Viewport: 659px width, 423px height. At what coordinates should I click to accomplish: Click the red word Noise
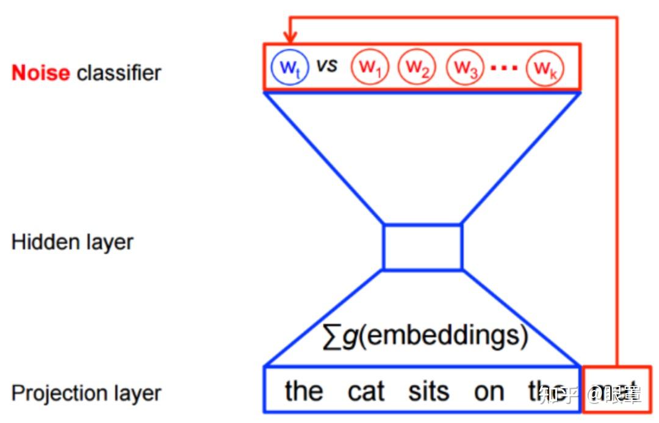click(41, 73)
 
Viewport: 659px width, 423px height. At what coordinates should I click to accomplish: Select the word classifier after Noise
click(119, 73)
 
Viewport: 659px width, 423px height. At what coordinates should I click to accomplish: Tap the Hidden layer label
click(72, 242)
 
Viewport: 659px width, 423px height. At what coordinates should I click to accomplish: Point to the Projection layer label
click(86, 392)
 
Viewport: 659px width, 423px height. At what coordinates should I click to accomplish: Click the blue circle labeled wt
click(290, 67)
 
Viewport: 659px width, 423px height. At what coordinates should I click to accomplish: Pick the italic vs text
click(326, 65)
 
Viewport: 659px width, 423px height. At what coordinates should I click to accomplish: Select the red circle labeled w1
click(369, 67)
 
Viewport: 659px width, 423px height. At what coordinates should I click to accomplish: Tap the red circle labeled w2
click(417, 67)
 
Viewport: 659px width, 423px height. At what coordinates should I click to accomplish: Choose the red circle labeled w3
click(465, 67)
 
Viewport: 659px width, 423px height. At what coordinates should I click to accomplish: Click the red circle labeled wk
click(546, 67)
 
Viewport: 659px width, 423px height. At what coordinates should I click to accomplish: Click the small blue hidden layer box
click(422, 247)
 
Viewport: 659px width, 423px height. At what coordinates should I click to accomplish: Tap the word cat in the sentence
click(366, 391)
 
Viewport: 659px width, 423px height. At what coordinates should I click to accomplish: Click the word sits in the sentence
click(429, 391)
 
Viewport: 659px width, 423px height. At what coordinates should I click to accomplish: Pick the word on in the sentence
click(489, 391)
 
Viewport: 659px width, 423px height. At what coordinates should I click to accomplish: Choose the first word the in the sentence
click(303, 391)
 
